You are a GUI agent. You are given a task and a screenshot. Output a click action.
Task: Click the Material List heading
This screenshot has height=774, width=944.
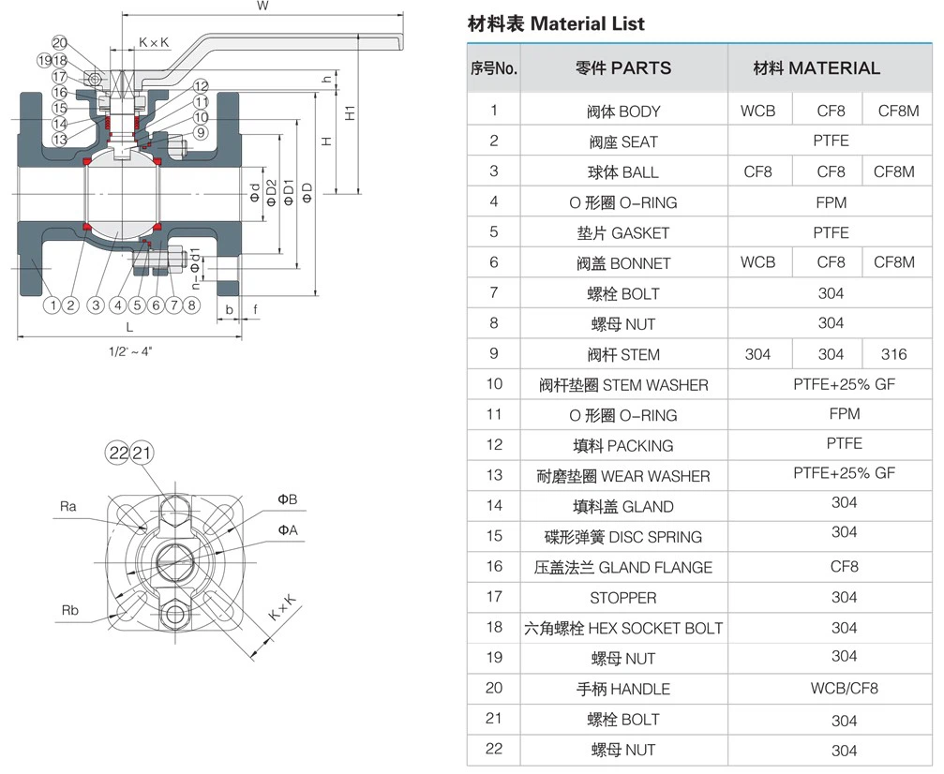pyautogui.click(x=556, y=24)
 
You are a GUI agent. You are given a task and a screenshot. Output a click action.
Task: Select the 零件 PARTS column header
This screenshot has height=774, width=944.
pyautogui.click(x=622, y=68)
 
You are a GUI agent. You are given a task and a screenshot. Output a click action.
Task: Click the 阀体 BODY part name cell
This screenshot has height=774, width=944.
pyautogui.click(x=622, y=112)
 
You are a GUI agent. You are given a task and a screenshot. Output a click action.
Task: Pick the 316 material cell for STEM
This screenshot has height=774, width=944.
pyautogui.click(x=893, y=354)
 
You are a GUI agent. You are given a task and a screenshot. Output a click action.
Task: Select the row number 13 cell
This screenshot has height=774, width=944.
pyautogui.click(x=494, y=476)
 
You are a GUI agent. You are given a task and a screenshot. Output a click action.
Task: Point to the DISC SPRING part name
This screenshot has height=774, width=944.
pyautogui.click(x=622, y=537)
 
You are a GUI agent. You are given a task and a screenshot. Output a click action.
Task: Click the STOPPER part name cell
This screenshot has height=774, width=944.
pyautogui.click(x=622, y=598)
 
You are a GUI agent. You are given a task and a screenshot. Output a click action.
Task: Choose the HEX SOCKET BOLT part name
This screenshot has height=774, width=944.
pyautogui.click(x=622, y=628)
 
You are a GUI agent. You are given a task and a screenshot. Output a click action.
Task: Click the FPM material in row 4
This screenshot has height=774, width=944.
pyautogui.click(x=831, y=202)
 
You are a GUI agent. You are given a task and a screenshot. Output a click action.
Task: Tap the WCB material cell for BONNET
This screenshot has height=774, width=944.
pyautogui.click(x=757, y=262)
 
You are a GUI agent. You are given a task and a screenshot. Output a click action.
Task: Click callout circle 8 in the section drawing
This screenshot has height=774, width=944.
pyautogui.click(x=191, y=305)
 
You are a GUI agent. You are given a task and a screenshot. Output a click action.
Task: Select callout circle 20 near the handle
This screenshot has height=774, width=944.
pyautogui.click(x=60, y=42)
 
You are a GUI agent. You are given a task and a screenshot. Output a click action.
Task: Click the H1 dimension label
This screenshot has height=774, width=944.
pyautogui.click(x=350, y=112)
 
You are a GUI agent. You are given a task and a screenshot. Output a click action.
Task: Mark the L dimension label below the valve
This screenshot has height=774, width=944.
pyautogui.click(x=129, y=328)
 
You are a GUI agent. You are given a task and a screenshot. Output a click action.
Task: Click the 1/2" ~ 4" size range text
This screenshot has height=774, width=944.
pyautogui.click(x=129, y=351)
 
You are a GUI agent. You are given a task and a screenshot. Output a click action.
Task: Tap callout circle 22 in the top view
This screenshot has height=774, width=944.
pyautogui.click(x=118, y=454)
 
